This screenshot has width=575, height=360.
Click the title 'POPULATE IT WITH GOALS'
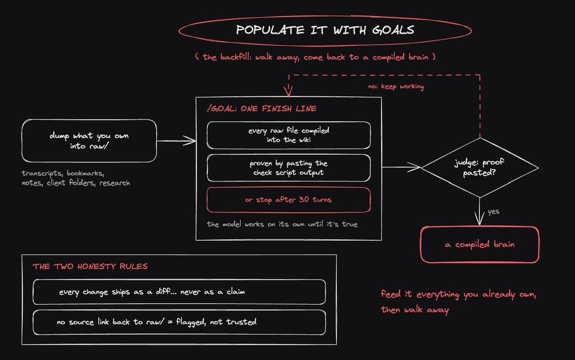pyautogui.click(x=325, y=30)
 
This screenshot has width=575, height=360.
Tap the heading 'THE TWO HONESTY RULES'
pyautogui.click(x=90, y=266)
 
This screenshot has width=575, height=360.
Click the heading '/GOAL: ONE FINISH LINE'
pyautogui.click(x=262, y=109)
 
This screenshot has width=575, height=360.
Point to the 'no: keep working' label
pyautogui.click(x=396, y=87)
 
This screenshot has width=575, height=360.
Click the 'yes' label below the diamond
pyautogui.click(x=494, y=211)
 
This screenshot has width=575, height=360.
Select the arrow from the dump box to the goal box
pyautogui.click(x=176, y=141)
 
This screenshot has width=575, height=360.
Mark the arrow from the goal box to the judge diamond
pyautogui.click(x=401, y=167)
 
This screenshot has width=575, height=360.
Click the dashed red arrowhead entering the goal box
pyautogui.click(x=288, y=92)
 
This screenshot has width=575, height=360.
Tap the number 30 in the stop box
pyautogui.click(x=304, y=199)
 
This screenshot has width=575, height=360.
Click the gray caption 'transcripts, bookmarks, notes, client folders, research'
pyautogui.click(x=76, y=178)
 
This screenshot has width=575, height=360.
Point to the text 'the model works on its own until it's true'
pyautogui.click(x=282, y=224)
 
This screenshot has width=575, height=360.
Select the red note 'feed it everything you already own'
pyautogui.click(x=459, y=294)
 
